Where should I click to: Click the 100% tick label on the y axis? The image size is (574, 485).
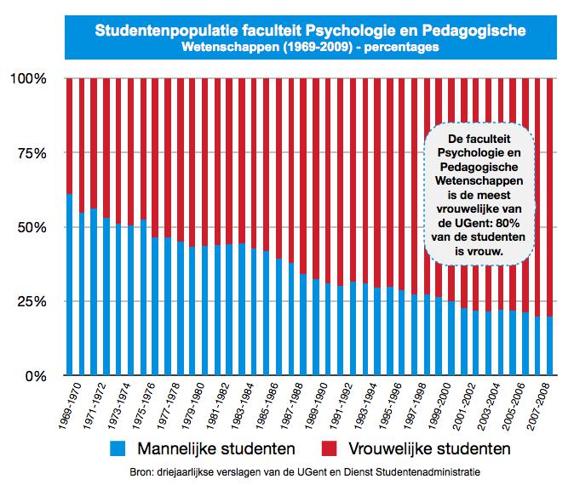click(x=28, y=79)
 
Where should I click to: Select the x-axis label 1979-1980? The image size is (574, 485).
click(x=187, y=406)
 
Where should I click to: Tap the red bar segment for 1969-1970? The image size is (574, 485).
click(x=69, y=136)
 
